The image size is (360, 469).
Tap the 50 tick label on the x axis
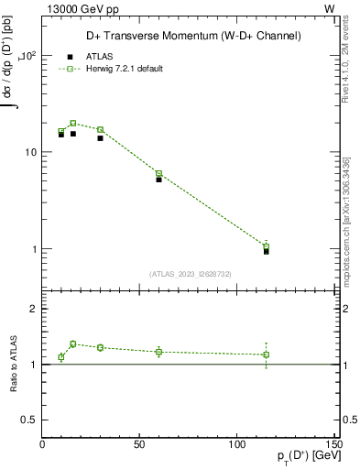(139, 444)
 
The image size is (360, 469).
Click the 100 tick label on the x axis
(236, 444)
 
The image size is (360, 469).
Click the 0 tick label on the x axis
(43, 444)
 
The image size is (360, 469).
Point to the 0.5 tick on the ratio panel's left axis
(29, 420)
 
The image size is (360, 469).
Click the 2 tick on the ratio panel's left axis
(34, 310)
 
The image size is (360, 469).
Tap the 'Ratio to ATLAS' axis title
(14, 364)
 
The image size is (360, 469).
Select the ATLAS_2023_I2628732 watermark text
(190, 273)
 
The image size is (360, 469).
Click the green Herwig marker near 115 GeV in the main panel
(266, 246)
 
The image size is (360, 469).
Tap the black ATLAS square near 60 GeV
(158, 180)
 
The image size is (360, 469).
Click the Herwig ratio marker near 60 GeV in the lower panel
(158, 352)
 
